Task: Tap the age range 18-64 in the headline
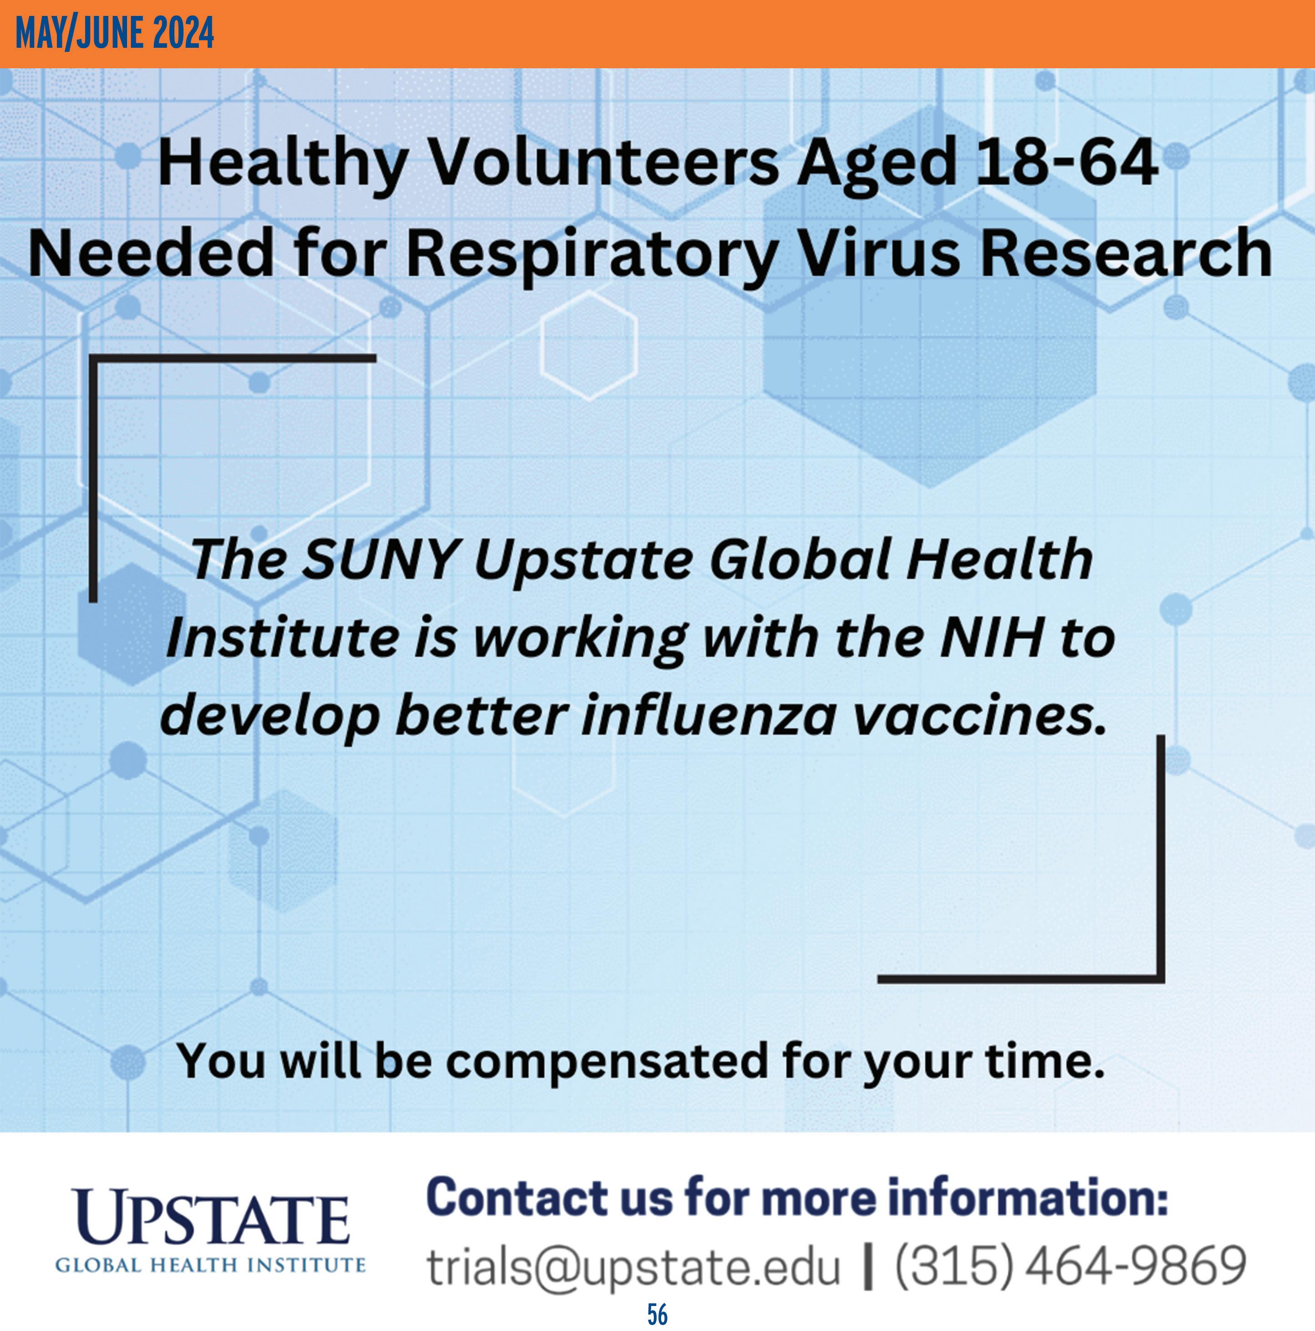[1066, 162]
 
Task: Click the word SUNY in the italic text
[381, 559]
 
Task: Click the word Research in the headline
[1126, 253]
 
